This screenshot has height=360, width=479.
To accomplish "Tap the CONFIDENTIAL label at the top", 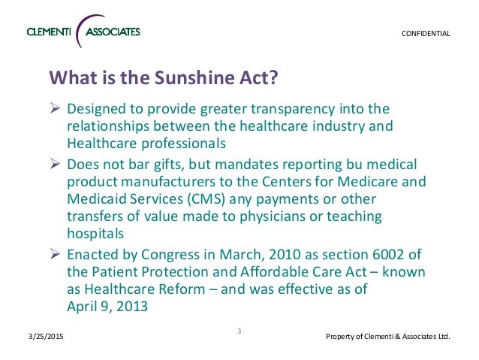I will [424, 34].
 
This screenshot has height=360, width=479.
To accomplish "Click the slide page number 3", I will [239, 331].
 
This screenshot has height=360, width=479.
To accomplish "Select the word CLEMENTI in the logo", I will [51, 32].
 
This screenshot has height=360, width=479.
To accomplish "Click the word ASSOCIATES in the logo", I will [113, 32].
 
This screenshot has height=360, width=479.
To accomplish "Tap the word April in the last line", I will [81, 307].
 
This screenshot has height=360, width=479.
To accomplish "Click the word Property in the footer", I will [342, 336].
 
